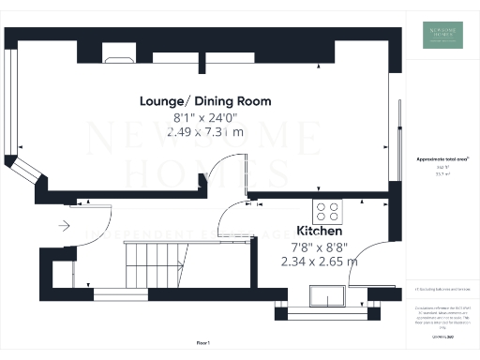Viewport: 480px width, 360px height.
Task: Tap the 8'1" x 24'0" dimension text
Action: [x=205, y=117]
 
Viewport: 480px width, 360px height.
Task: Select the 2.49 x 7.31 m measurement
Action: [x=205, y=132]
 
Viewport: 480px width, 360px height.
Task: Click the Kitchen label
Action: [x=319, y=230]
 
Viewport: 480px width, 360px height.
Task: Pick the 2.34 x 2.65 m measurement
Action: [x=319, y=262]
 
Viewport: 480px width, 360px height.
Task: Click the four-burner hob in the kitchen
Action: [x=329, y=211]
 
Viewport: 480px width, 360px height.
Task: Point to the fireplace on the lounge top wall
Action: [x=119, y=58]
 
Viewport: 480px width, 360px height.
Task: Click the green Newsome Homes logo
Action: [x=442, y=35]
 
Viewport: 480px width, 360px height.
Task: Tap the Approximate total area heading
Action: [x=442, y=159]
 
